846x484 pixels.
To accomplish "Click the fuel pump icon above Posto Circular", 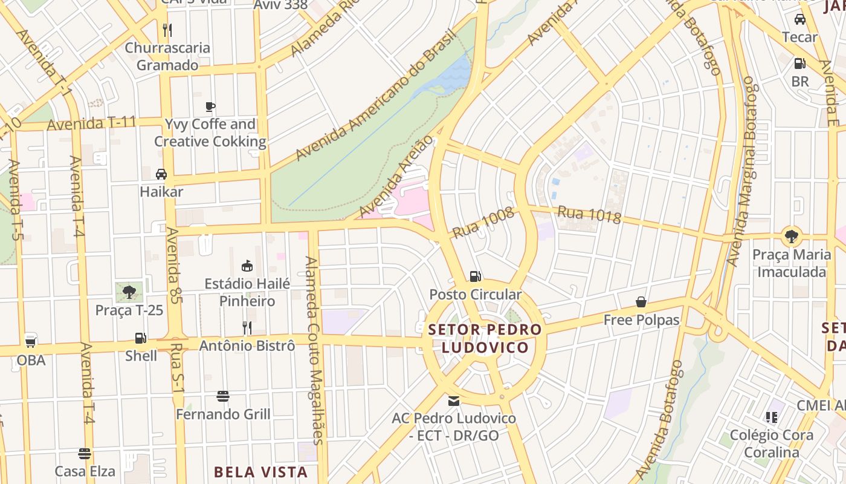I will (x=476, y=276).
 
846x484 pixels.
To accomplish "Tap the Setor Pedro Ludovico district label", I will (x=485, y=339).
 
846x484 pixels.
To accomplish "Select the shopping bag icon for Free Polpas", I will (x=641, y=302).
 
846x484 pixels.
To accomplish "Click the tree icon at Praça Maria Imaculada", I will (x=791, y=236).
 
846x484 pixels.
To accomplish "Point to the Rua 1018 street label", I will (x=589, y=215).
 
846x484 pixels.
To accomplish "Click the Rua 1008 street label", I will (x=483, y=222).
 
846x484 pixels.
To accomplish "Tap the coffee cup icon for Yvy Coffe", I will (x=210, y=107).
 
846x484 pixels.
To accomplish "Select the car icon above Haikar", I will (x=161, y=174).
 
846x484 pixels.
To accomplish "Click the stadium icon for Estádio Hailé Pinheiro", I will (x=247, y=266).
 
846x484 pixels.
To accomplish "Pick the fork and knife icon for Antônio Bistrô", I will (x=247, y=328).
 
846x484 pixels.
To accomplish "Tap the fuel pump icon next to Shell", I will (x=140, y=338).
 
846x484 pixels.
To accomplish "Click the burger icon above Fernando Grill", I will (x=223, y=396).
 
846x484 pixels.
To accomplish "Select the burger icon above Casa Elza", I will (x=85, y=454).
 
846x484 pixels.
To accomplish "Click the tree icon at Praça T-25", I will (x=129, y=292).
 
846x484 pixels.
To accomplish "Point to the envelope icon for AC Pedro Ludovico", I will (x=453, y=401).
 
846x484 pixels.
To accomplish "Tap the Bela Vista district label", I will (x=261, y=472).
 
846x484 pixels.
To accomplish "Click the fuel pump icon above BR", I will (x=799, y=64).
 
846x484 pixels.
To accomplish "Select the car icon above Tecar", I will (x=800, y=19).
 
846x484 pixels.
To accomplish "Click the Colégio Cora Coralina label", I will (x=771, y=443).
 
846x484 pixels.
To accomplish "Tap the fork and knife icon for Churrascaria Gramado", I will (x=167, y=30).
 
